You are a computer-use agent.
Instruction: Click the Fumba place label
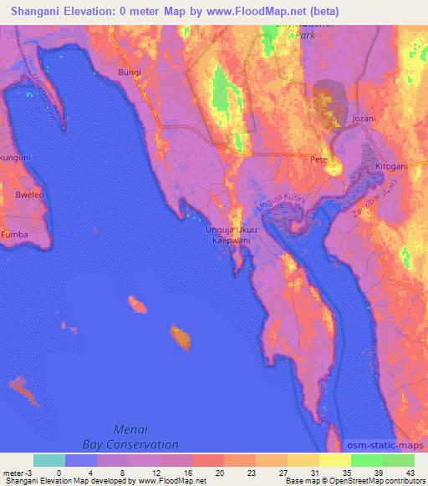tap(13, 235)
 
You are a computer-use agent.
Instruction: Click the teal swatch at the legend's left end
tap(49, 460)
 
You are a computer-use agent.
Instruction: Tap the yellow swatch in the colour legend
tap(334, 460)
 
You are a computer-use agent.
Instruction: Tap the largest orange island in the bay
tap(180, 337)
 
